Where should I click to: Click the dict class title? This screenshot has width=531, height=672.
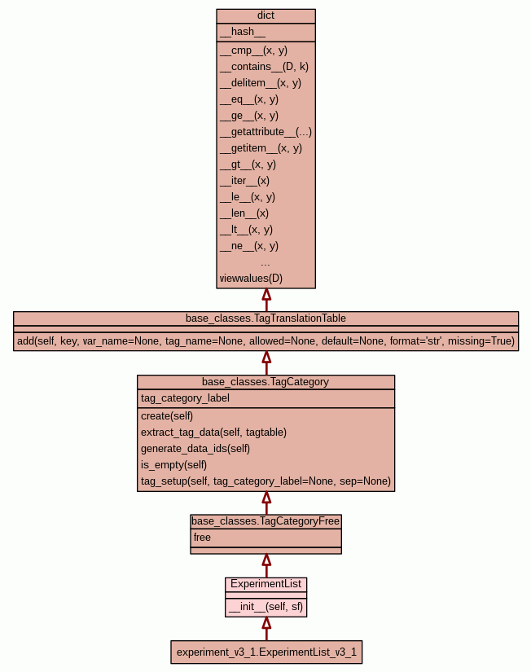265,15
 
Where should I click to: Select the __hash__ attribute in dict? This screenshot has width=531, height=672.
242,32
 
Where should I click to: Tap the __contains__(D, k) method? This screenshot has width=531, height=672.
264,67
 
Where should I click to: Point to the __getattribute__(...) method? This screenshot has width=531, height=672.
265,132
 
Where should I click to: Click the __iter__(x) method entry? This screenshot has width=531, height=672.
244,181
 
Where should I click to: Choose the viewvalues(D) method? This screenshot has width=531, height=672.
251,279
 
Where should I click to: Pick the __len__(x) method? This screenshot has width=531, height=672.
244,213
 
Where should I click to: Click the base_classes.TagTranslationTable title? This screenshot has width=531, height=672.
265,318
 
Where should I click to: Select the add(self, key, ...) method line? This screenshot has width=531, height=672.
265,341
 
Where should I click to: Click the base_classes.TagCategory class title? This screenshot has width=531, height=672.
265,381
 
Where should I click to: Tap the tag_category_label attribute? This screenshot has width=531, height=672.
185,398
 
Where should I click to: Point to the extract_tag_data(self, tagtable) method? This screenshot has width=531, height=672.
213,433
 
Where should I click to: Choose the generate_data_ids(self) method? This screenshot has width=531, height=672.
195,449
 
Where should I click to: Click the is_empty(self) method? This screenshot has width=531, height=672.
173,465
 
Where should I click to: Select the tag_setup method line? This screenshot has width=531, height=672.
265,481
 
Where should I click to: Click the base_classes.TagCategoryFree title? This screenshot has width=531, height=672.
265,520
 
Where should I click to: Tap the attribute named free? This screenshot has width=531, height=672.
202,538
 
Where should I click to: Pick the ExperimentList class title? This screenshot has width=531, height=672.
265,584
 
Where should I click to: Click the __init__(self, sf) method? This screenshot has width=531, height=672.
265,607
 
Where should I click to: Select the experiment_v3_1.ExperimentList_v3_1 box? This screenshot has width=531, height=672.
266,652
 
